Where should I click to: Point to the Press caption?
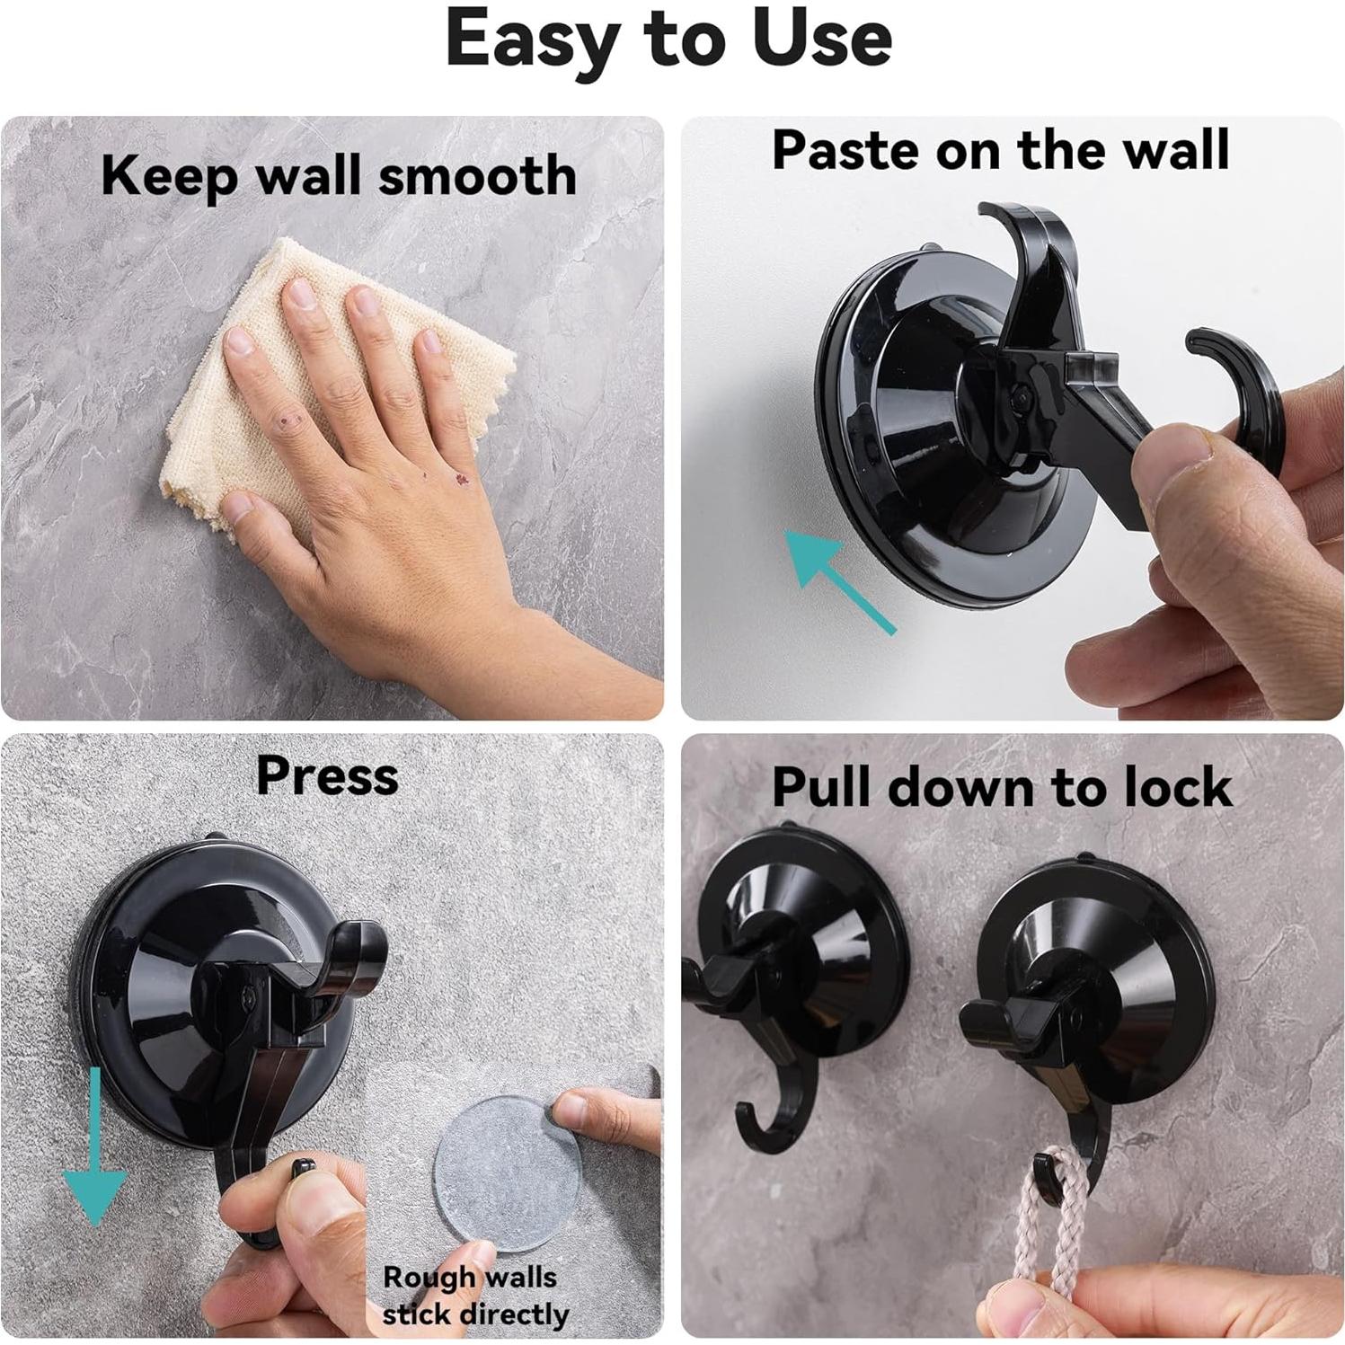point(327,775)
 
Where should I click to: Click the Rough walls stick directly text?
point(473,1295)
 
